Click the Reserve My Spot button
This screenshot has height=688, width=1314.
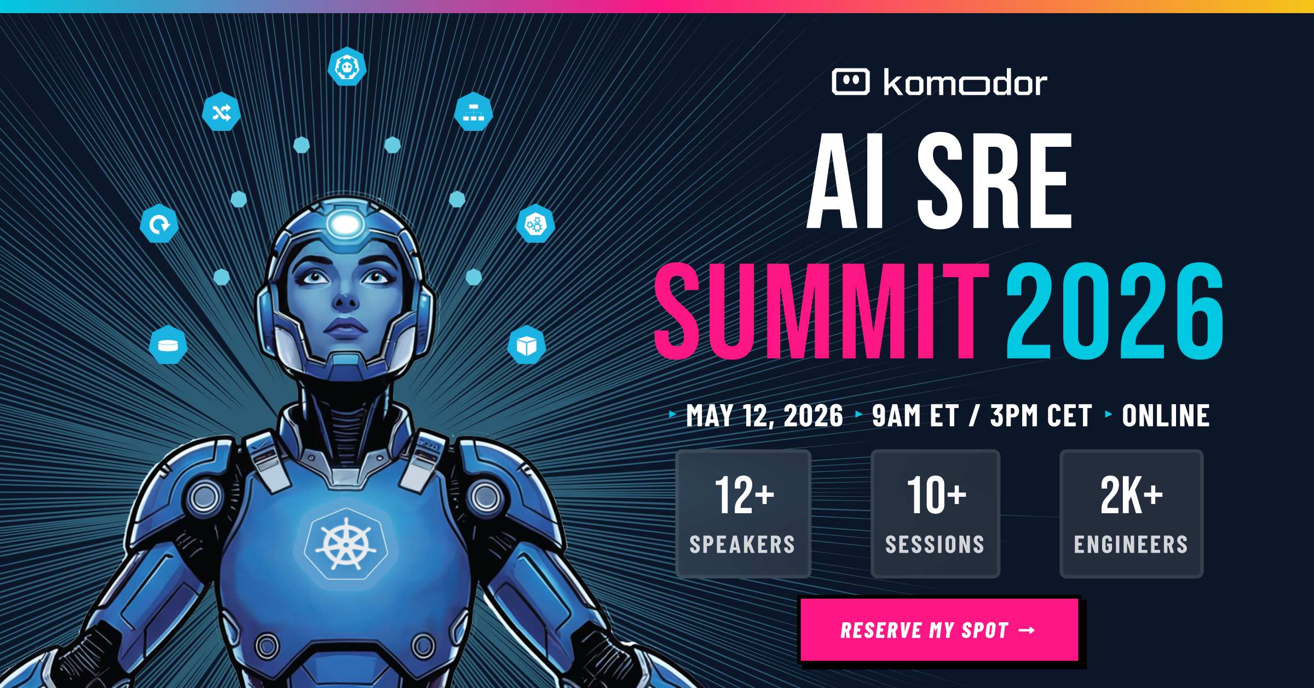pyautogui.click(x=940, y=630)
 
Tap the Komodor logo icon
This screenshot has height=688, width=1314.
pyautogui.click(x=850, y=82)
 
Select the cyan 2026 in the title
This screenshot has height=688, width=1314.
pyautogui.click(x=1115, y=311)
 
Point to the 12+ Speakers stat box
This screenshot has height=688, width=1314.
pyautogui.click(x=743, y=514)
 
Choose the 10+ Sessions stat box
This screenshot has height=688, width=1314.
pyautogui.click(x=935, y=514)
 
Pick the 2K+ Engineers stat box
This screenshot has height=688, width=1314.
pyautogui.click(x=1131, y=514)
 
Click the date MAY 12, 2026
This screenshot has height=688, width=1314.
pyautogui.click(x=764, y=416)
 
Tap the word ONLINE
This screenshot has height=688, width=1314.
pyautogui.click(x=1166, y=416)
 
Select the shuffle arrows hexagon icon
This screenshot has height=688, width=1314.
pyautogui.click(x=221, y=112)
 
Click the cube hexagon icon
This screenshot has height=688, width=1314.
pyautogui.click(x=527, y=346)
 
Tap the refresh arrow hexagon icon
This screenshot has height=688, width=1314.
pyautogui.click(x=159, y=223)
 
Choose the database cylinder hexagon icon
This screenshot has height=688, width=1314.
pyautogui.click(x=168, y=345)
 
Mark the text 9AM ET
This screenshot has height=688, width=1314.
pyautogui.click(x=915, y=416)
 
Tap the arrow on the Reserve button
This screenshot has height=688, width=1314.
pyautogui.click(x=1027, y=630)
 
